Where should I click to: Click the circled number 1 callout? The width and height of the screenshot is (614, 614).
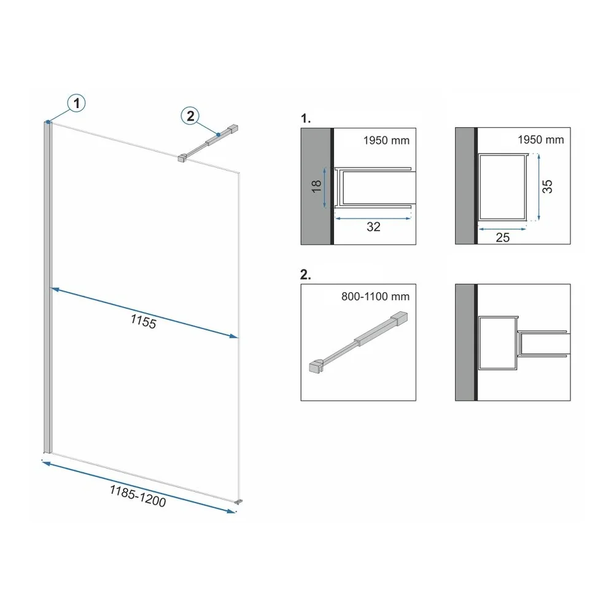click(76, 103)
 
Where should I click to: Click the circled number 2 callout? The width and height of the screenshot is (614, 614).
click(190, 116)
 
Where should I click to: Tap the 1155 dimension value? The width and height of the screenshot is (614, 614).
click(143, 322)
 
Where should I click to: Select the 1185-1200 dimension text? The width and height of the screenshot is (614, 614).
click(138, 495)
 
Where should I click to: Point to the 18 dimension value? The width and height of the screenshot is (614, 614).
click(316, 186)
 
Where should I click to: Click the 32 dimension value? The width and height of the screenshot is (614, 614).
click(373, 227)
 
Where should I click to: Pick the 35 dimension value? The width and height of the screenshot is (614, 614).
click(547, 187)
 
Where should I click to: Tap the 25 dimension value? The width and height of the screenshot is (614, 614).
click(502, 237)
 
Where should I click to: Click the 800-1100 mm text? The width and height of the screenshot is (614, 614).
click(375, 297)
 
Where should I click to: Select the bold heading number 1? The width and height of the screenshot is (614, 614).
click(305, 119)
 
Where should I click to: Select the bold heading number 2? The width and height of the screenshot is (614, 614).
click(305, 275)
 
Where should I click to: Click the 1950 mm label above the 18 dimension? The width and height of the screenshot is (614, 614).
click(386, 140)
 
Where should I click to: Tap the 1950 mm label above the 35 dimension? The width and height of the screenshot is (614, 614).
click(541, 140)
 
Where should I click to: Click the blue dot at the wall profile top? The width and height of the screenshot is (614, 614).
click(48, 122)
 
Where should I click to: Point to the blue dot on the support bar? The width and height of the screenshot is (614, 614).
click(219, 134)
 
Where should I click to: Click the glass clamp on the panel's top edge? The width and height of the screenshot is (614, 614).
click(182, 158)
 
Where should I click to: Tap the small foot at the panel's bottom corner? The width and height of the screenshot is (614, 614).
click(238, 502)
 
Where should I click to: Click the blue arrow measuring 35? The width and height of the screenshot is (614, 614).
click(539, 187)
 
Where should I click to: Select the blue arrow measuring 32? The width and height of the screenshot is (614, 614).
click(373, 219)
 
